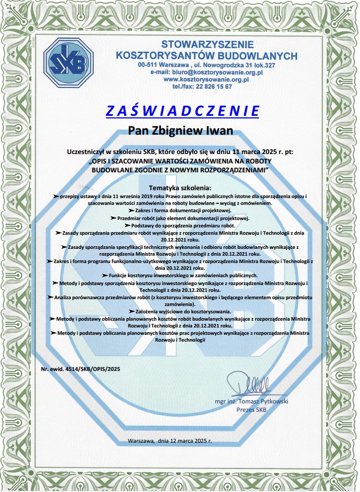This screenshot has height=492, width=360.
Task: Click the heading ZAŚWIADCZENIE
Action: coord(182,111)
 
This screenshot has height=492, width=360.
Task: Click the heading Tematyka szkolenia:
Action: coord(180,188)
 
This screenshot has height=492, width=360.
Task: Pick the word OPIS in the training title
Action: coord(106,161)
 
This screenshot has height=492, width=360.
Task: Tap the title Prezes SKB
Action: coord(252,410)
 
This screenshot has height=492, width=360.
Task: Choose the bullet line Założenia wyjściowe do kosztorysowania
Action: coord(180,311)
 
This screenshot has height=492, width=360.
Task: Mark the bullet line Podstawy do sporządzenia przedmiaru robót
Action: coord(180,224)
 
